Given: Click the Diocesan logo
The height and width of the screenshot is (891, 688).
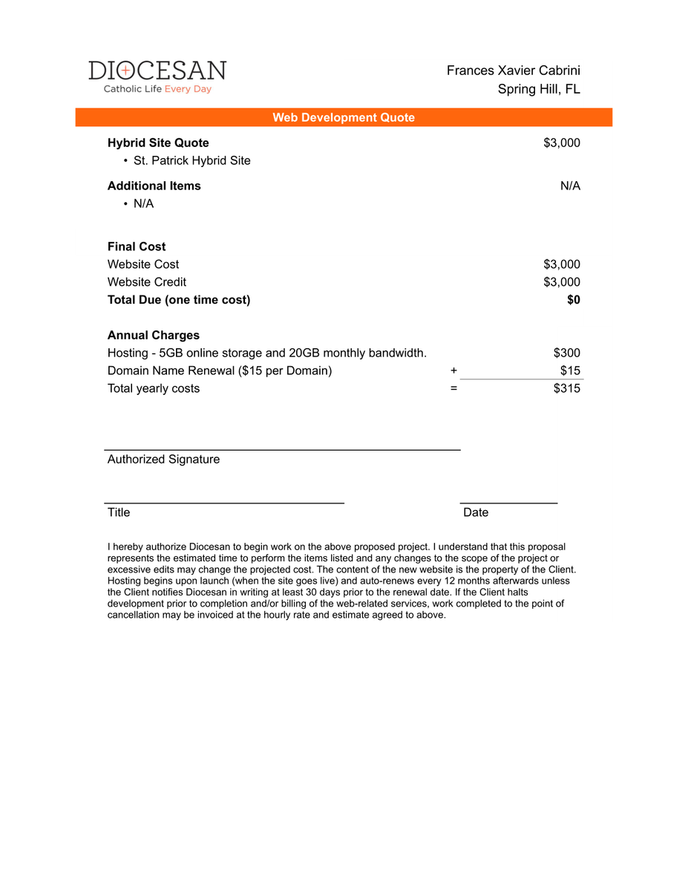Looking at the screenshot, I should [157, 76].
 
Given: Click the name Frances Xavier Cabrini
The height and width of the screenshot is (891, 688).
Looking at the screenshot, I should [513, 71].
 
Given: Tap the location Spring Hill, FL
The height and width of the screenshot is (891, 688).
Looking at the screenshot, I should [539, 89].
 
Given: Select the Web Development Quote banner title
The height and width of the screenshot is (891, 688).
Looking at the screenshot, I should [344, 117].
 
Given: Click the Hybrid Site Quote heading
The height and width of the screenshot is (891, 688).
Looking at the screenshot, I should [158, 143].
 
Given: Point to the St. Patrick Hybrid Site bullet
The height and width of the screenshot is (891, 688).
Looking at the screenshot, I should [191, 160].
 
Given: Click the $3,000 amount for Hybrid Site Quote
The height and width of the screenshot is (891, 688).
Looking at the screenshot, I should [562, 143].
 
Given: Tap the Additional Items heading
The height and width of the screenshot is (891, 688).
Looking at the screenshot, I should [154, 186].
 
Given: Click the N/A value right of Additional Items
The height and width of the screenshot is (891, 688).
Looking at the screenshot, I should [570, 186].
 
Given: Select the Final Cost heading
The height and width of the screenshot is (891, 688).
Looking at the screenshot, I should [137, 247].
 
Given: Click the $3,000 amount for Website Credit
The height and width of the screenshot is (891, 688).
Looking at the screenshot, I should [562, 282].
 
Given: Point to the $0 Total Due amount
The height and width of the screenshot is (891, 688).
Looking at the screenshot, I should [573, 300].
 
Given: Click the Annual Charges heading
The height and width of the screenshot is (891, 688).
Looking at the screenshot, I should [153, 336].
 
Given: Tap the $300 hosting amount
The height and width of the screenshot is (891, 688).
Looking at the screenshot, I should [567, 353].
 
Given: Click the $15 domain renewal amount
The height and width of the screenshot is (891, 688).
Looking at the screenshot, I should [570, 371].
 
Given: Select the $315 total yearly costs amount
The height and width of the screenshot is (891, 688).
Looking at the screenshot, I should [567, 388].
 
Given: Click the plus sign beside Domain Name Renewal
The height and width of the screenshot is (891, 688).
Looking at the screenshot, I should [453, 371].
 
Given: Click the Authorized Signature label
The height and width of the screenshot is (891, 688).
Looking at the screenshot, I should [163, 460].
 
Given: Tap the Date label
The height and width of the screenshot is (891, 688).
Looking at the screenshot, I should [476, 512].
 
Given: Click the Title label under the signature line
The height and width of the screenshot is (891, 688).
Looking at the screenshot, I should [119, 512].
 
